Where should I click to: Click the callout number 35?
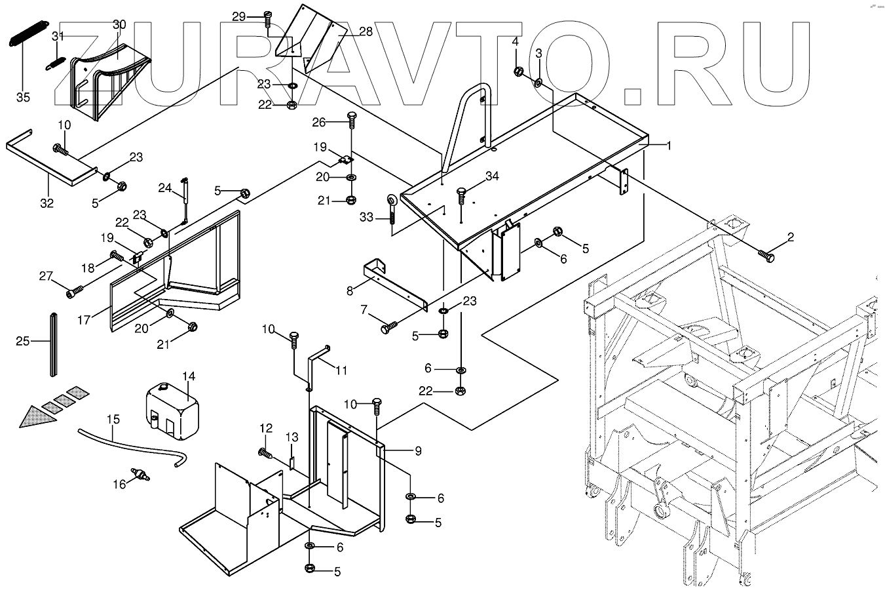click(x=23, y=97)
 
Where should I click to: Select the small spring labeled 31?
click(x=55, y=64)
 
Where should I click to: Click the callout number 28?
click(x=366, y=31)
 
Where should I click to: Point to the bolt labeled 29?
click(x=267, y=20)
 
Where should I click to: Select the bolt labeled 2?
click(x=766, y=256)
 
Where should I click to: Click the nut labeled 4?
click(x=519, y=71)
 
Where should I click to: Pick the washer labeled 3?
click(x=538, y=83)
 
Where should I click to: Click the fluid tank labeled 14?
click(x=172, y=411)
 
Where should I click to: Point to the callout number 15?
click(x=113, y=419)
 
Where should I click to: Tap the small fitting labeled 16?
click(x=140, y=474)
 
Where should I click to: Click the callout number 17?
click(x=84, y=319)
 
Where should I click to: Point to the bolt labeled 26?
click(x=351, y=120)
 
